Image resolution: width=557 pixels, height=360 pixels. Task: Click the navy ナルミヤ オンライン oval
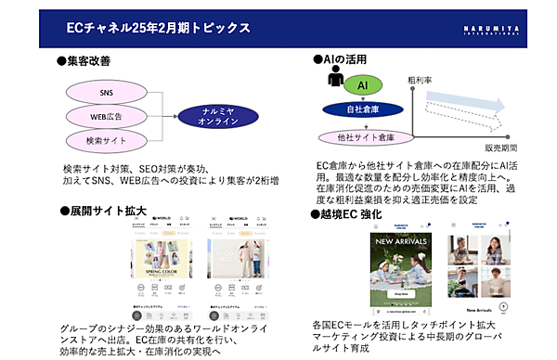[x=219, y=117]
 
